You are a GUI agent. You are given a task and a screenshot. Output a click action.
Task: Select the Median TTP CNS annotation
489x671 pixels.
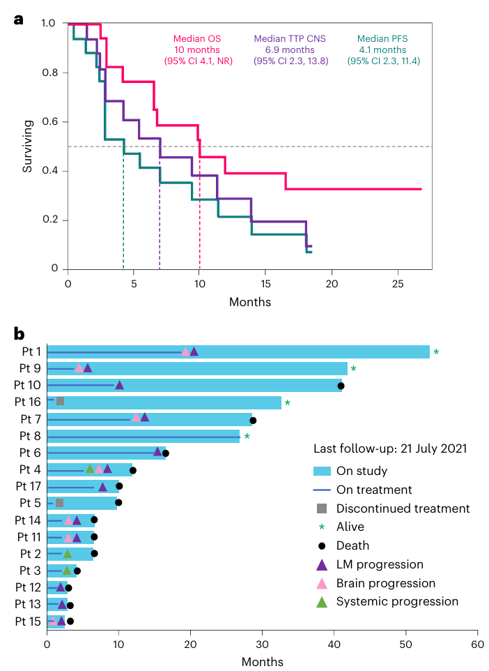(x=290, y=50)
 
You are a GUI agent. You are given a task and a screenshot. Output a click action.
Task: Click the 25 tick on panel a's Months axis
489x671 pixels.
(x=397, y=285)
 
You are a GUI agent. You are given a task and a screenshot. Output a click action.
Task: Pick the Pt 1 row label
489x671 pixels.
(x=29, y=352)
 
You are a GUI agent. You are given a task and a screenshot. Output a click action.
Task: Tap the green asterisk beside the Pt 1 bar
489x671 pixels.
(x=436, y=352)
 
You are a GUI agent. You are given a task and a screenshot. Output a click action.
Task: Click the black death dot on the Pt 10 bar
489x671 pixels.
(x=341, y=386)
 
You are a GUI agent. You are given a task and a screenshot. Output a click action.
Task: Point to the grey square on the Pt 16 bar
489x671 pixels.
(x=60, y=401)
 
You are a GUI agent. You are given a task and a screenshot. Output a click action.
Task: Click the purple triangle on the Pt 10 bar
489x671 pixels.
(x=119, y=385)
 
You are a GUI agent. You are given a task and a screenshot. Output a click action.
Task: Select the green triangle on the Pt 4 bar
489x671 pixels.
(x=89, y=469)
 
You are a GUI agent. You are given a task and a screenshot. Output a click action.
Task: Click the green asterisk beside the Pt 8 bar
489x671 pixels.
(x=247, y=437)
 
